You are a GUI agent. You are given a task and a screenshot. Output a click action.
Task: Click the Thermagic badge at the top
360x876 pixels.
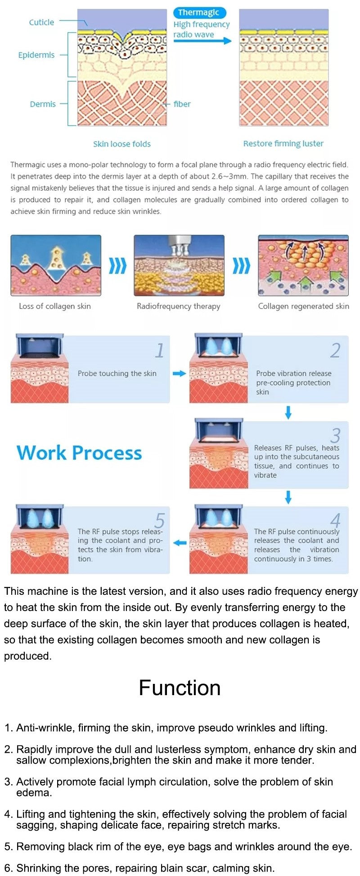tap(198, 13)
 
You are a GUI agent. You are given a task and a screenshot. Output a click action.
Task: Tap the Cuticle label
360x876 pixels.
tap(41, 22)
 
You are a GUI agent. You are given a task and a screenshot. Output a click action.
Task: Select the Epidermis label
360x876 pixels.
tap(36, 55)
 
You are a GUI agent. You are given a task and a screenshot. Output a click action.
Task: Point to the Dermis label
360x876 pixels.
tap(43, 104)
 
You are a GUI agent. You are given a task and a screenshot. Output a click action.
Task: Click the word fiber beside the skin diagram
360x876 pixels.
tap(182, 104)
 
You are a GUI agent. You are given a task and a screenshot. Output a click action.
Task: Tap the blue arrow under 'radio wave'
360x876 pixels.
tap(202, 41)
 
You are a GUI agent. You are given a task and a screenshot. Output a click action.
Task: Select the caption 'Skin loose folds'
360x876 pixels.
tap(121, 144)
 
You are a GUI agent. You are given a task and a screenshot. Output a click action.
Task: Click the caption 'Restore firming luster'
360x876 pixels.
tap(283, 144)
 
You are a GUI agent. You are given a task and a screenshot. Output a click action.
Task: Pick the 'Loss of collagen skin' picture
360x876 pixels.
tap(56, 265)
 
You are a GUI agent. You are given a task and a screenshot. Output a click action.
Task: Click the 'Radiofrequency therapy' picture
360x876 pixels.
tap(179, 265)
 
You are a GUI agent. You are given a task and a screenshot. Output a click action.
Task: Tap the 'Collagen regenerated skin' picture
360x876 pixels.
tap(303, 265)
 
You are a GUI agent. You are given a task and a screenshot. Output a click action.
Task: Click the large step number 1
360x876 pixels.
tap(160, 350)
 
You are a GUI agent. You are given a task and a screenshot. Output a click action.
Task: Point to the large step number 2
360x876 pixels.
tap(335, 350)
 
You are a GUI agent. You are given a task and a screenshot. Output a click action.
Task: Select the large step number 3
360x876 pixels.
tap(335, 435)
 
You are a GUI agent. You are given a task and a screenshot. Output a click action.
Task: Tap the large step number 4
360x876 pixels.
tap(335, 521)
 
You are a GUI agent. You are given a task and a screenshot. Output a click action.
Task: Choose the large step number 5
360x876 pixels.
tap(160, 521)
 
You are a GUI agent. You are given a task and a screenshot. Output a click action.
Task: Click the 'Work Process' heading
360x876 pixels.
tap(79, 453)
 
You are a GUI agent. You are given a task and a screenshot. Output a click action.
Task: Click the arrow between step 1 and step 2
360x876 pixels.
tap(180, 373)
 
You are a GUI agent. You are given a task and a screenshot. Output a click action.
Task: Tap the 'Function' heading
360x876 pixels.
tap(180, 688)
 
